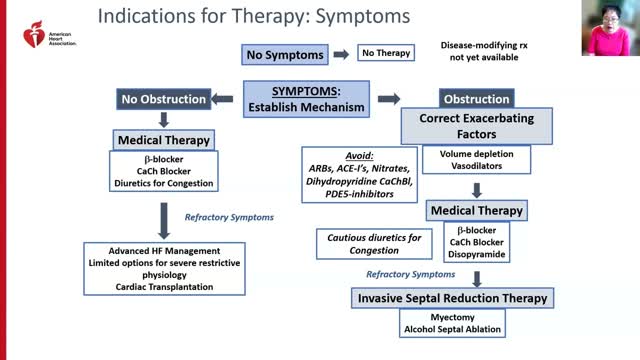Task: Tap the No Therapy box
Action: pos(383,54)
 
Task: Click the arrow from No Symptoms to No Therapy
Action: pos(339,54)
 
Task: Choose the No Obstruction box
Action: pos(165,99)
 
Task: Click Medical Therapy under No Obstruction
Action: pos(162,139)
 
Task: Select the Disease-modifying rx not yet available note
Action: pos(490,53)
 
